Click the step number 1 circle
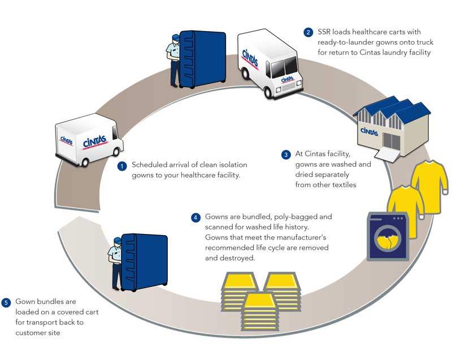tap(121, 166)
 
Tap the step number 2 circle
tap(308, 32)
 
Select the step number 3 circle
tap(286, 154)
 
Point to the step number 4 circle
tap(195, 218)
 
